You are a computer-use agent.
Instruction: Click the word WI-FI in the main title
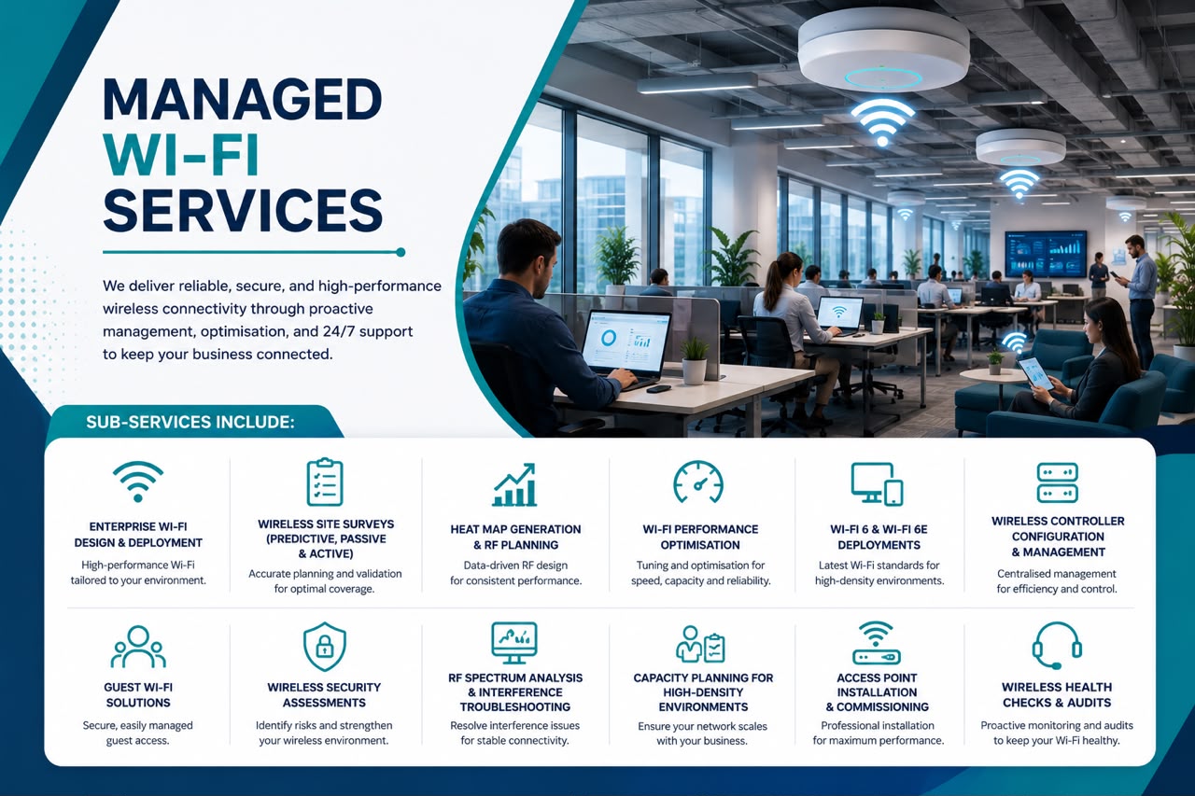point(181,155)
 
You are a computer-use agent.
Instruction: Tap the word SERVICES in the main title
point(243,211)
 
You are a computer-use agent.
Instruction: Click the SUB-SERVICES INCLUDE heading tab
point(190,422)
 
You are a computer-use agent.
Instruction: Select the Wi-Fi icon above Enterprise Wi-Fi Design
point(138,482)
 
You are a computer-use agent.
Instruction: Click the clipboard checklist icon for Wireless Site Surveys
point(324,482)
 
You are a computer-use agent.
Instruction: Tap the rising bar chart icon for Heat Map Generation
point(514,484)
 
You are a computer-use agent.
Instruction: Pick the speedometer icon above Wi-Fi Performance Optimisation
point(698,482)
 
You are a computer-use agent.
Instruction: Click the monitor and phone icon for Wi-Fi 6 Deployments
point(877,484)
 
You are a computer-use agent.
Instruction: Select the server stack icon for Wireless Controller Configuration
point(1058,482)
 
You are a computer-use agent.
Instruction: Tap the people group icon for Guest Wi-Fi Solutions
point(138,647)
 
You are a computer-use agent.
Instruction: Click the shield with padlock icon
point(324,646)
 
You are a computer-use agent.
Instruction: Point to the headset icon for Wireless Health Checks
point(1057,645)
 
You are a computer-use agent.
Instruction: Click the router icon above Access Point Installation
point(876,643)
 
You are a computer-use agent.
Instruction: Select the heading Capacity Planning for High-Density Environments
point(703,692)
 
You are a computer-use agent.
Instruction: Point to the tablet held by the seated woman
point(1035,372)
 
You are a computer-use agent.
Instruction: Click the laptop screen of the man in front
point(626,342)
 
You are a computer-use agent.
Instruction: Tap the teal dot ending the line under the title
point(401,252)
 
